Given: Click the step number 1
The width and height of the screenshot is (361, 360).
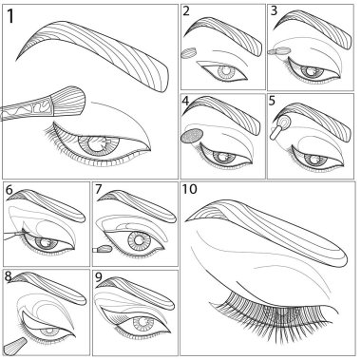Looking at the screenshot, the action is click(x=10, y=16).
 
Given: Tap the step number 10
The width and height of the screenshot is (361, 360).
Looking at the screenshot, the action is click(x=189, y=189).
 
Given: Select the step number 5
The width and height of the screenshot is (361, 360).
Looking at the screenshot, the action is click(x=272, y=101).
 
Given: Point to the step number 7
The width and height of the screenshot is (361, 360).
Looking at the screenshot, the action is click(x=98, y=189).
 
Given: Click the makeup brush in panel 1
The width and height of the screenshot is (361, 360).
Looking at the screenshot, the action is click(x=43, y=104).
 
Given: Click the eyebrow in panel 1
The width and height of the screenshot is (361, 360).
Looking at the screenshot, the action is click(x=92, y=56).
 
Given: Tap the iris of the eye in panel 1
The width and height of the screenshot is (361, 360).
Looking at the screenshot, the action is click(x=99, y=144).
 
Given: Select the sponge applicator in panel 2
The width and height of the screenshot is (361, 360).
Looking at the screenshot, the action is click(x=189, y=53).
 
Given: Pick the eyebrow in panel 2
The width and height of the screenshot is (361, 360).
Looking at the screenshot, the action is click(x=223, y=35).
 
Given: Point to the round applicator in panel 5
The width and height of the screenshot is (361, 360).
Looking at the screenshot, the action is click(x=280, y=126).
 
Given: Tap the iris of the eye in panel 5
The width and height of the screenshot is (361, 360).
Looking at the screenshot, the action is click(x=314, y=159).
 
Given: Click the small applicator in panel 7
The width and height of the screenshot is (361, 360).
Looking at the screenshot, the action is click(x=103, y=249).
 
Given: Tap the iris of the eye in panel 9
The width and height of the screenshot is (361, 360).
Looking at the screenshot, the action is click(x=142, y=326).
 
